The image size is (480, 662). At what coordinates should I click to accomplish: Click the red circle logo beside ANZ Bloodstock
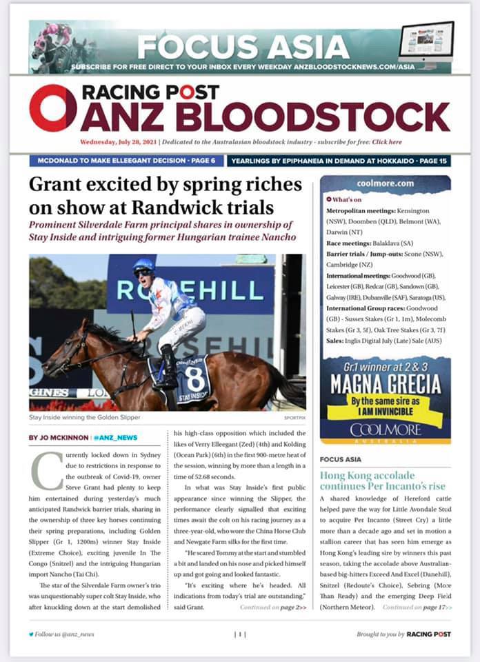(x=53, y=108)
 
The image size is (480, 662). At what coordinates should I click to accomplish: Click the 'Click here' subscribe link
(x=386, y=142)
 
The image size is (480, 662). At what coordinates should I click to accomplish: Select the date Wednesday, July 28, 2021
(x=118, y=142)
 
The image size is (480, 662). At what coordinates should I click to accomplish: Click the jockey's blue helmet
(x=144, y=265)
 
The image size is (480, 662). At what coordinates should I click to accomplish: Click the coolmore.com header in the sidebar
(x=386, y=184)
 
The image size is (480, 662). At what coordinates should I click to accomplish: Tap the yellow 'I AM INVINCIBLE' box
(x=386, y=403)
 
